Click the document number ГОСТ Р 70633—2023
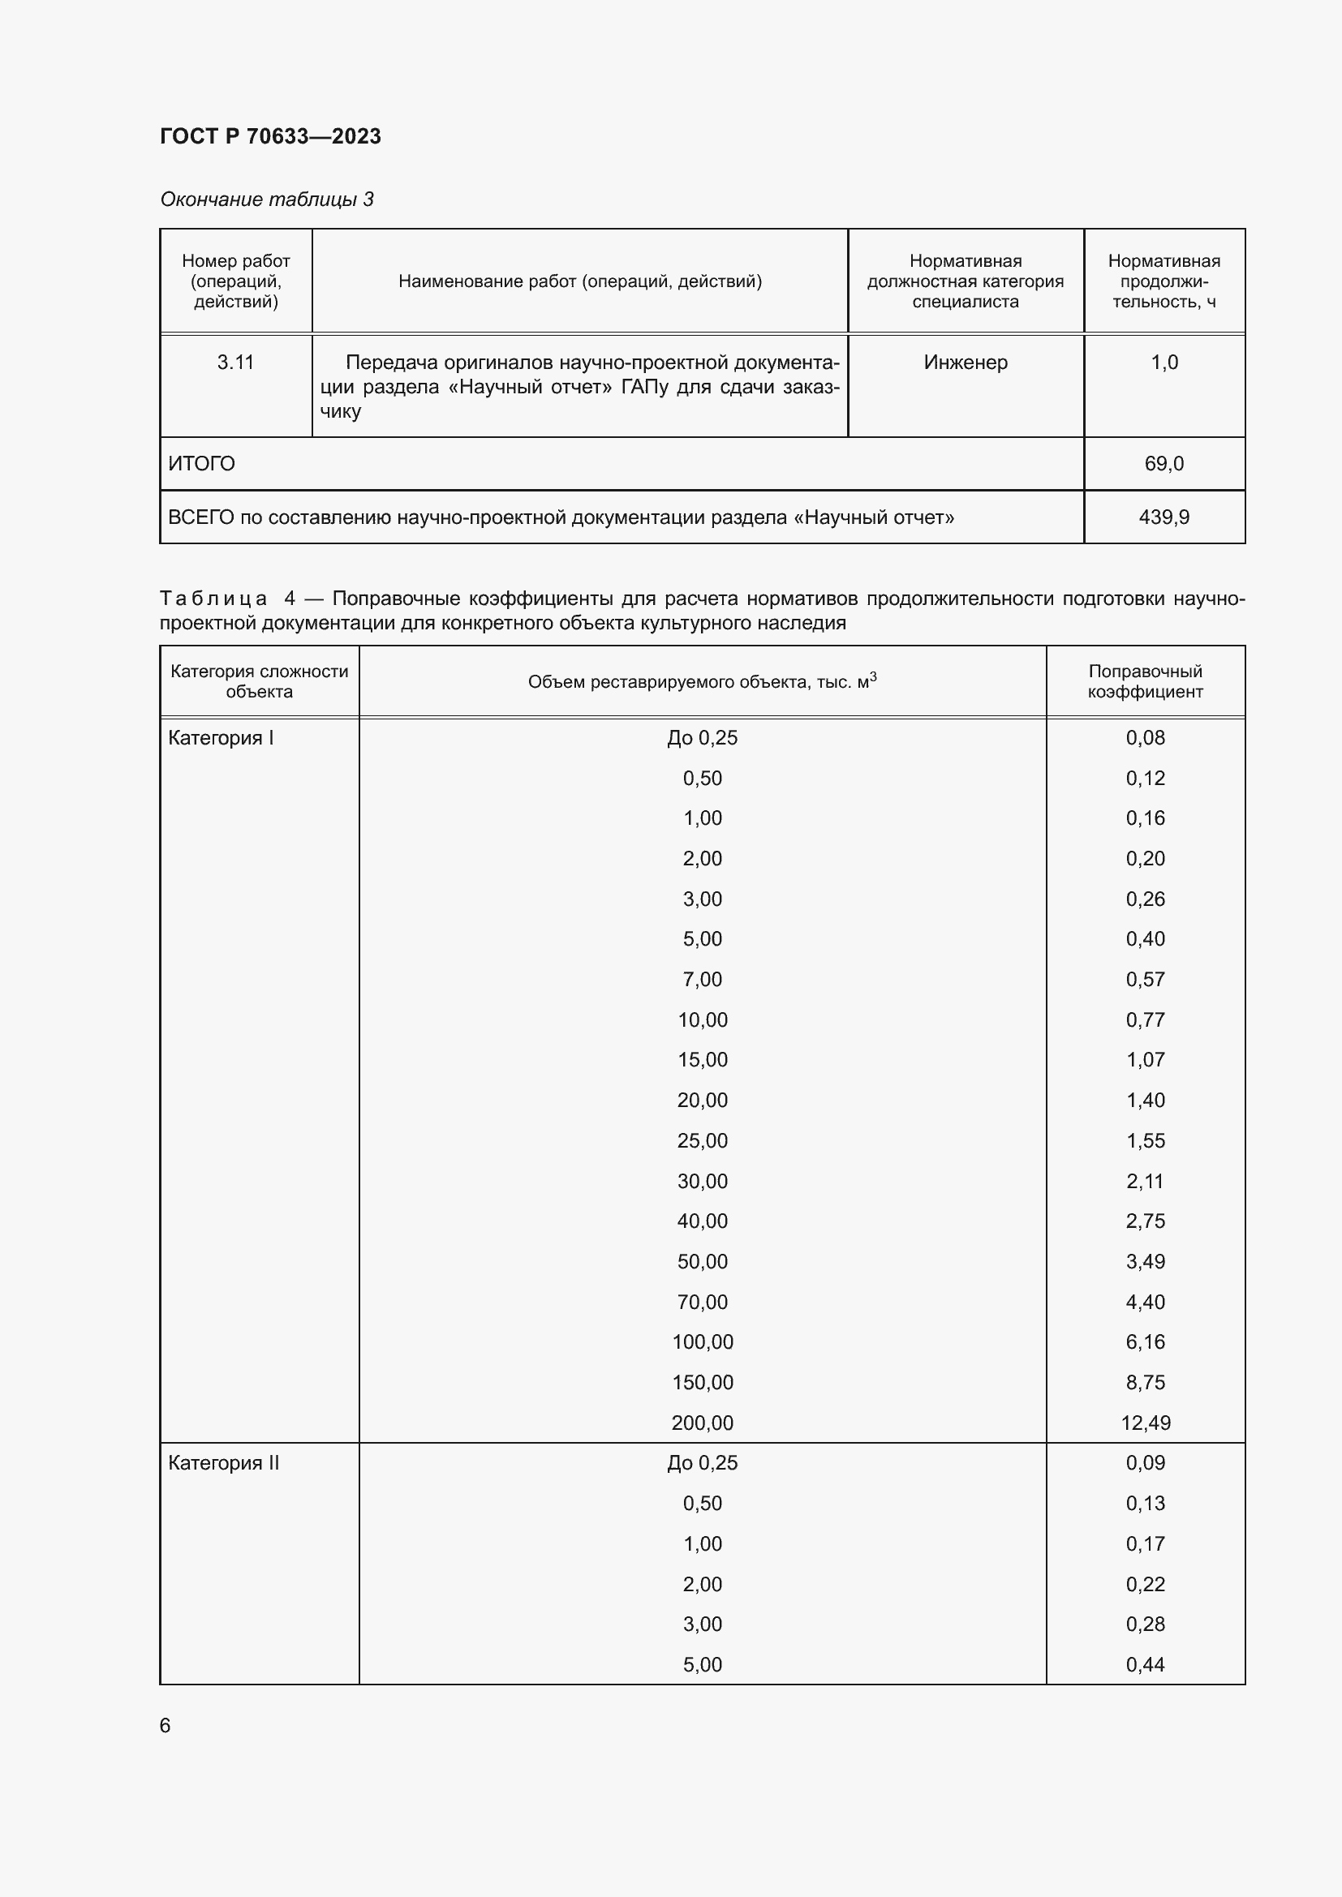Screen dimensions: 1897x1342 [270, 136]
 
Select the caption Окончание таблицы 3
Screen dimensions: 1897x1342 [266, 200]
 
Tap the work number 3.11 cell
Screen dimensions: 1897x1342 [235, 362]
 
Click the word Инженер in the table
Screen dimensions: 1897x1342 [966, 362]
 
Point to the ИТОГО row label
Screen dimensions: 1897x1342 [202, 464]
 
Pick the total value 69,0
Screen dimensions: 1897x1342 [1163, 464]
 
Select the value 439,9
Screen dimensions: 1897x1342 [1163, 517]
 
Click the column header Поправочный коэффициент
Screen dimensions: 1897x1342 [1145, 680]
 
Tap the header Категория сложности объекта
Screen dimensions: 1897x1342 [260, 680]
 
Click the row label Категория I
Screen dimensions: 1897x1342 [221, 738]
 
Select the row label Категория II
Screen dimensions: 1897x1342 [223, 1462]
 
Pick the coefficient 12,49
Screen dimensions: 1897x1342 [1146, 1423]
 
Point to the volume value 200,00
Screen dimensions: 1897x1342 [703, 1423]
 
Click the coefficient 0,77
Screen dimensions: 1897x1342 [1146, 1019]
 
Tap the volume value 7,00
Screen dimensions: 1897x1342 [703, 979]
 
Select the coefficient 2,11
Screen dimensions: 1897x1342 [1146, 1181]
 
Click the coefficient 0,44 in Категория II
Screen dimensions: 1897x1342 [1146, 1664]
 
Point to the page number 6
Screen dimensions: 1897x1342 [166, 1725]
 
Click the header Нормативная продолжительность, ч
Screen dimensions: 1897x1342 [1163, 281]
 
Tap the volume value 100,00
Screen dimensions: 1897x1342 [703, 1341]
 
